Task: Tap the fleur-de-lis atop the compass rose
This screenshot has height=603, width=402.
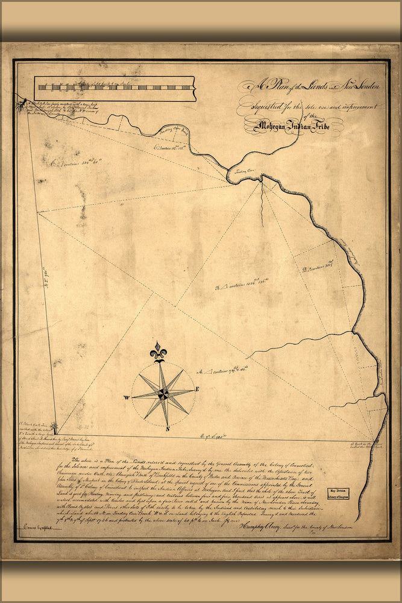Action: (159, 351)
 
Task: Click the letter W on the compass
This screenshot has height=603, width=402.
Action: (127, 398)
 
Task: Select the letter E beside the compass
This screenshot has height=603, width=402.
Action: (197, 389)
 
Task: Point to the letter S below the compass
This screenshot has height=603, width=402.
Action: (168, 429)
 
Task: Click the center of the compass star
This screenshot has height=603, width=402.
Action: (163, 394)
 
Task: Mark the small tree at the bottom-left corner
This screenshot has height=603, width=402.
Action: (55, 428)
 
